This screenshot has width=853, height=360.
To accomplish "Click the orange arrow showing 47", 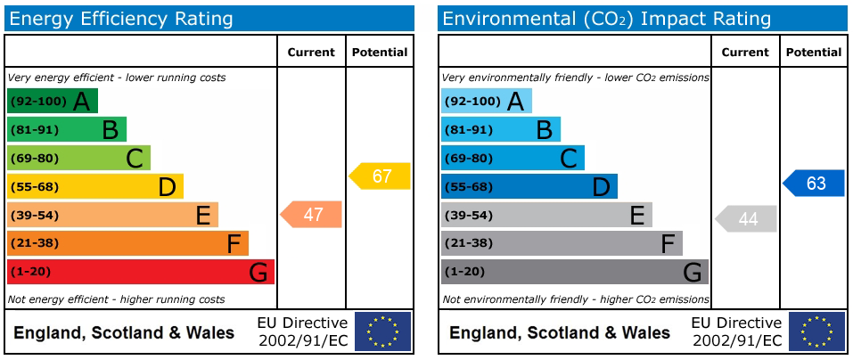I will pos(312,215).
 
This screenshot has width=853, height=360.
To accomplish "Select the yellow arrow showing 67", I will pos(381,176).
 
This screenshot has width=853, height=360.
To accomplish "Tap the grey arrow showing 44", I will pos(747,219).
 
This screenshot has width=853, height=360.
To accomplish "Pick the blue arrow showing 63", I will pos(815,184).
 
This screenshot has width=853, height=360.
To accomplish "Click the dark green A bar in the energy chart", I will pos(52,102).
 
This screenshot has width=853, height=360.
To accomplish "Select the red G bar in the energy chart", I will pos(140,272).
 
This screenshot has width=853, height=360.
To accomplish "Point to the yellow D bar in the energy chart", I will pos(94,186).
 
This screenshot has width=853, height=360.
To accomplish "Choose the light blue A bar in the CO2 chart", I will pos(486,102).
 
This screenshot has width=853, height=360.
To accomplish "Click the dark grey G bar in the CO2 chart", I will pos(574,272).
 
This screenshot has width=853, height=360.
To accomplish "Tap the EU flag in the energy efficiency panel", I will pos(382,331).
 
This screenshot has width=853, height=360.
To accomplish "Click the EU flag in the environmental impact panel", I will pos(816,331).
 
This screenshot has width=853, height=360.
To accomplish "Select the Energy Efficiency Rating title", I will pos(120,19).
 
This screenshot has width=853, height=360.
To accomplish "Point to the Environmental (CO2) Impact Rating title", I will pos(606,19).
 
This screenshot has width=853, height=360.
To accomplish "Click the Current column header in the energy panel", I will pos(311,53).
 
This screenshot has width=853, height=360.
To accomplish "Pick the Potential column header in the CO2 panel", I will pos(814,53).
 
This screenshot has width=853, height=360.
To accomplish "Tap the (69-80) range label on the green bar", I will pos(33,159).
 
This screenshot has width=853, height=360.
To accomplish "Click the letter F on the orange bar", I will pos(234,244).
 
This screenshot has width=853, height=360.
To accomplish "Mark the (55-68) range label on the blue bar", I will pos(468,187).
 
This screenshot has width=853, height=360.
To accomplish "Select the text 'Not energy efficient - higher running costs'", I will pos(116,299).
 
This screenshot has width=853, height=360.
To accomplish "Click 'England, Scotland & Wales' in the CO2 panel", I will pos(559,333).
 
